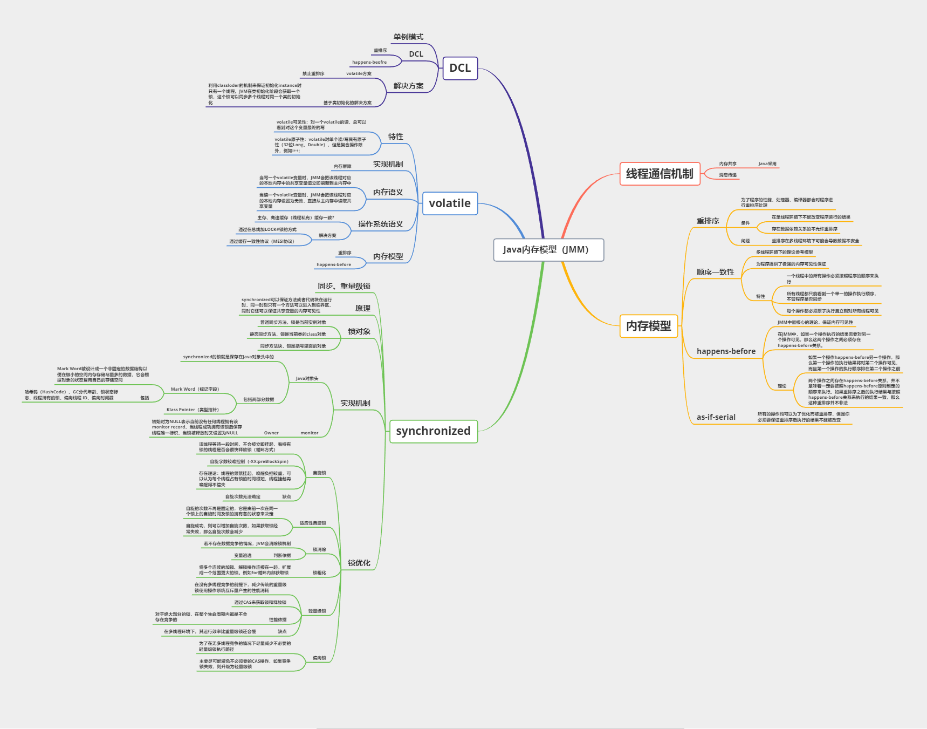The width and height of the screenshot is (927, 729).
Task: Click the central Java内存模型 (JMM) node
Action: tap(548, 250)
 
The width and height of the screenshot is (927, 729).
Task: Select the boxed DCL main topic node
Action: tap(460, 68)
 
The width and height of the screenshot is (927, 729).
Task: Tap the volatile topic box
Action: tap(450, 203)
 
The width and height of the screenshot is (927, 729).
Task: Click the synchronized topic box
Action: tap(433, 431)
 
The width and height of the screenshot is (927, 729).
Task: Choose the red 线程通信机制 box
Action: tap(660, 174)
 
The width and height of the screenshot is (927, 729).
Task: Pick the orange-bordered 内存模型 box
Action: tap(648, 326)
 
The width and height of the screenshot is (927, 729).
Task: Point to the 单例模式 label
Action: tap(408, 37)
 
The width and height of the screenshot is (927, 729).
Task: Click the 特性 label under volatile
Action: tap(396, 137)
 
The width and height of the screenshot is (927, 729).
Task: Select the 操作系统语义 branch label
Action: tap(381, 224)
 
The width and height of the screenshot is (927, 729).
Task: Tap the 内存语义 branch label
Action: tap(388, 192)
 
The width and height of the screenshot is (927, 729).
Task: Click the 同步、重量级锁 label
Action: tap(344, 286)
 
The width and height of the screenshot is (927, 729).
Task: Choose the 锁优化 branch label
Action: tap(359, 563)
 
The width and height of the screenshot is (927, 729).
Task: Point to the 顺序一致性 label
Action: tap(715, 272)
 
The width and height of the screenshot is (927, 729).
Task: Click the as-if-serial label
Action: tap(716, 417)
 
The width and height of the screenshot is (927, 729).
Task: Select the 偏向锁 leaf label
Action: tap(319, 658)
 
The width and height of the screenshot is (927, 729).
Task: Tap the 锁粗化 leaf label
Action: tap(319, 573)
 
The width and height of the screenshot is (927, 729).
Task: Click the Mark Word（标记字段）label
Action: tap(195, 389)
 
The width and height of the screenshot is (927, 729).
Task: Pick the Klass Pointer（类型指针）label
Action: tap(193, 410)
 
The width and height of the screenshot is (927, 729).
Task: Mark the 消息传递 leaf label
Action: tap(727, 175)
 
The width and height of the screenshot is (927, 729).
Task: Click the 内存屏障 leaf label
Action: tap(342, 166)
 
